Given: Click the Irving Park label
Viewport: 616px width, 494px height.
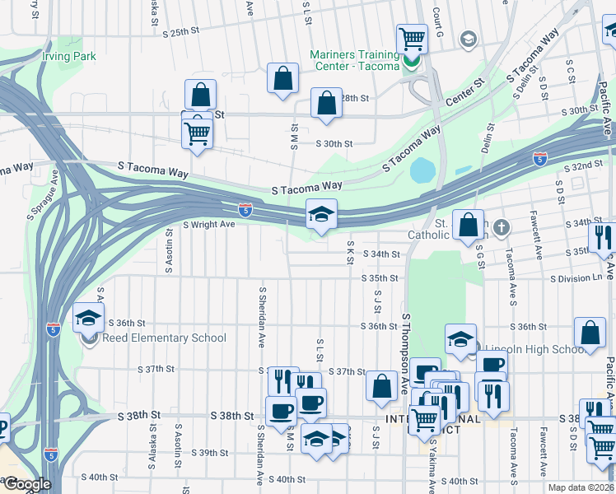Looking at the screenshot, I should (x=69, y=57).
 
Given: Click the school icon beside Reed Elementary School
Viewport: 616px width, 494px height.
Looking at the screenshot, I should (x=89, y=318).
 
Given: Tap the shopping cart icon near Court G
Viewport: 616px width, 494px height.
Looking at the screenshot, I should (x=411, y=38).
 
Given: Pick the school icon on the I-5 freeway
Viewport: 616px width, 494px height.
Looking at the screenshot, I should (x=321, y=215).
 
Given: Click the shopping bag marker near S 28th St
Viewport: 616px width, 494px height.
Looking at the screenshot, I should (x=327, y=104).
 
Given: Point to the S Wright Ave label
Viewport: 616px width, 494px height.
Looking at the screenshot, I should (x=208, y=224).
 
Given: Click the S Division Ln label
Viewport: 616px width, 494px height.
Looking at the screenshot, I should (x=577, y=278).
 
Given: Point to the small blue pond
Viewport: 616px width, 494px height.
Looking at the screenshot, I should (x=422, y=171).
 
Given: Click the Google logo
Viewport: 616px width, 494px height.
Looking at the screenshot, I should (x=26, y=484).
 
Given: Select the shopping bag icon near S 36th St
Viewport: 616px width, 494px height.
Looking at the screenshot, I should (x=590, y=333).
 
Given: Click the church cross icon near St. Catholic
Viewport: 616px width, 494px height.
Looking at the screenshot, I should (x=501, y=226).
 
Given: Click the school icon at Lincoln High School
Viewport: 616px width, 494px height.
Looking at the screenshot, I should (x=460, y=338).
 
